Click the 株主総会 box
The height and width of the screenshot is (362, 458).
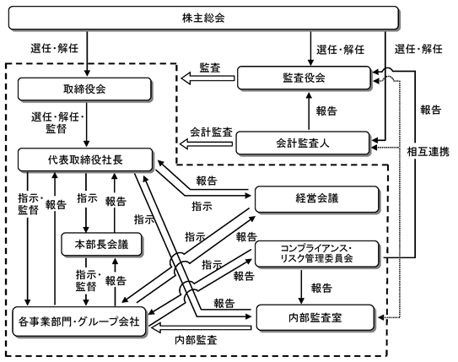pos(203,18)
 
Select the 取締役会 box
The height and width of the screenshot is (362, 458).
pos(84,89)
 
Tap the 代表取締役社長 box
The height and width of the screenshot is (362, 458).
pos(85,159)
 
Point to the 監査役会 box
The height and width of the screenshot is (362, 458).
pos(304,78)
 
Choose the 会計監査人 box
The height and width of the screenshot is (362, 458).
pos(303,143)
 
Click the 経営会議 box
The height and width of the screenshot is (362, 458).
pos(317,199)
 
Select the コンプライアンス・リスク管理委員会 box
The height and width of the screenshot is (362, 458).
pos(317,254)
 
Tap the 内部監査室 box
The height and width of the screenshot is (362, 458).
pos(315,317)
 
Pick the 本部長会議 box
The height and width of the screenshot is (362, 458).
pos(102,244)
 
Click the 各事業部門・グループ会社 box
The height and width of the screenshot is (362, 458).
pos(79,321)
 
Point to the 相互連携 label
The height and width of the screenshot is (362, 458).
pos(428,152)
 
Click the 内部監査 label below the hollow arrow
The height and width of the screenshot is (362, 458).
pos(196,340)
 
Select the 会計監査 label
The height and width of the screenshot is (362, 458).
pos(211,132)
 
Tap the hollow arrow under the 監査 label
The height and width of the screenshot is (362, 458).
pos(207,78)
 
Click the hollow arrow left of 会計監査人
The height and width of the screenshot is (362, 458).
pos(206,143)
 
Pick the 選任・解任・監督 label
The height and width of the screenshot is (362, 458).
pos(57,122)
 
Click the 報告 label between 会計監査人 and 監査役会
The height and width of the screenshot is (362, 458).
pos(326,111)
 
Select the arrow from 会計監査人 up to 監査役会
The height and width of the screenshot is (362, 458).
pos(309,111)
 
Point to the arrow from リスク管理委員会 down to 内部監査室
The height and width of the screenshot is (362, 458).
pos(301,287)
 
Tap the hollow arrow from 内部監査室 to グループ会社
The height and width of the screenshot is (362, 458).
pos(202,327)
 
